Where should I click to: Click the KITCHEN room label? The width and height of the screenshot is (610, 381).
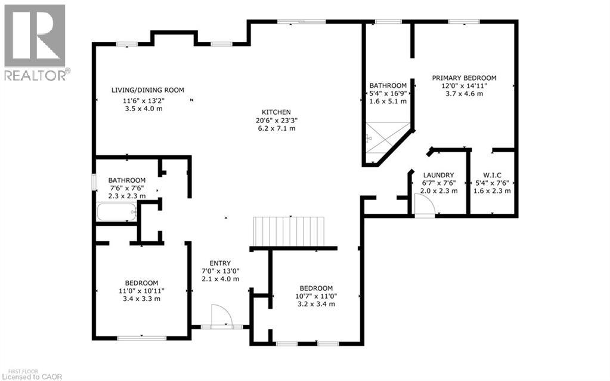click(x=276, y=112)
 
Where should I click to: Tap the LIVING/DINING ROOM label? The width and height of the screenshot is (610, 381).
click(x=148, y=90)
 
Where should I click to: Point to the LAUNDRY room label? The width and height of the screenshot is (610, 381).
click(x=439, y=175)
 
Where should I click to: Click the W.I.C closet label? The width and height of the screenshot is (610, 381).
click(x=493, y=175)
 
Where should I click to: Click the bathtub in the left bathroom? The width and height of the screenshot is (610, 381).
click(x=117, y=212)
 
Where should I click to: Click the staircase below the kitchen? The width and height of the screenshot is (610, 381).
click(x=289, y=232)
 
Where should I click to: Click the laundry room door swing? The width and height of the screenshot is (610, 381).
click(x=424, y=206)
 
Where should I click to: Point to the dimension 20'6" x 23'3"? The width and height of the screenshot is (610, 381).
click(x=276, y=120)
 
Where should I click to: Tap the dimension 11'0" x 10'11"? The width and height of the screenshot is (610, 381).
click(x=141, y=291)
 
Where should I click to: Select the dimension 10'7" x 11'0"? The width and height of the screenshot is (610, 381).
click(x=315, y=296)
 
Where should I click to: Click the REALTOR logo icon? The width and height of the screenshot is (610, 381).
click(x=35, y=36)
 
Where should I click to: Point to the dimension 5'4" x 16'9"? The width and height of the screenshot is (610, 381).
click(x=388, y=93)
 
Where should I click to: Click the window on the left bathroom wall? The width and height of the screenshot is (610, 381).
click(x=93, y=182)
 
